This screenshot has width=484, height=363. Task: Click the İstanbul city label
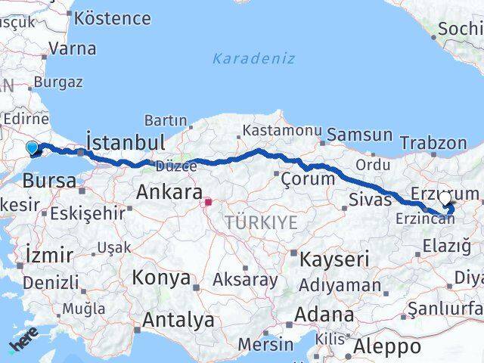pos(126,142)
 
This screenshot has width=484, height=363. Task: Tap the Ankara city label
pos(169,192)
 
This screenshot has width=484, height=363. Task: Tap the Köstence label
pos(113,17)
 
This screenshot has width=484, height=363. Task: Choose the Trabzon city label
pos(433,142)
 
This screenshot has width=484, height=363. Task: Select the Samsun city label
pos(359,135)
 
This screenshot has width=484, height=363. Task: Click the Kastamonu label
pos(282,131)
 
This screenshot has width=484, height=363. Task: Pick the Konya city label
pos(161,278)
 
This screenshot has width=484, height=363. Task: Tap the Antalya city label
pos(178,321)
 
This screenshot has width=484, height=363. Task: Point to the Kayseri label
pos(334,259)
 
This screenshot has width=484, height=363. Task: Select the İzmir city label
pos(48,254)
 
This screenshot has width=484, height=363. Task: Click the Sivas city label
pos(371,200)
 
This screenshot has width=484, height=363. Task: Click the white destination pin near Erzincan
pos(445,200)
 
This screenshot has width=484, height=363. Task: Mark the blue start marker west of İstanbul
pos(33,148)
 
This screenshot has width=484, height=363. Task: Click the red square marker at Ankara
pos(209,202)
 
